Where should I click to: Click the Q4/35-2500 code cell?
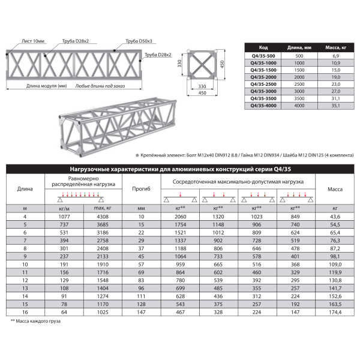[263, 84]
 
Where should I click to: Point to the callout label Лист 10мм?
[33, 41]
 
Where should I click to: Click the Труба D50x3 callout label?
[139, 41]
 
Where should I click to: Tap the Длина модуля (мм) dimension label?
[46, 86]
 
